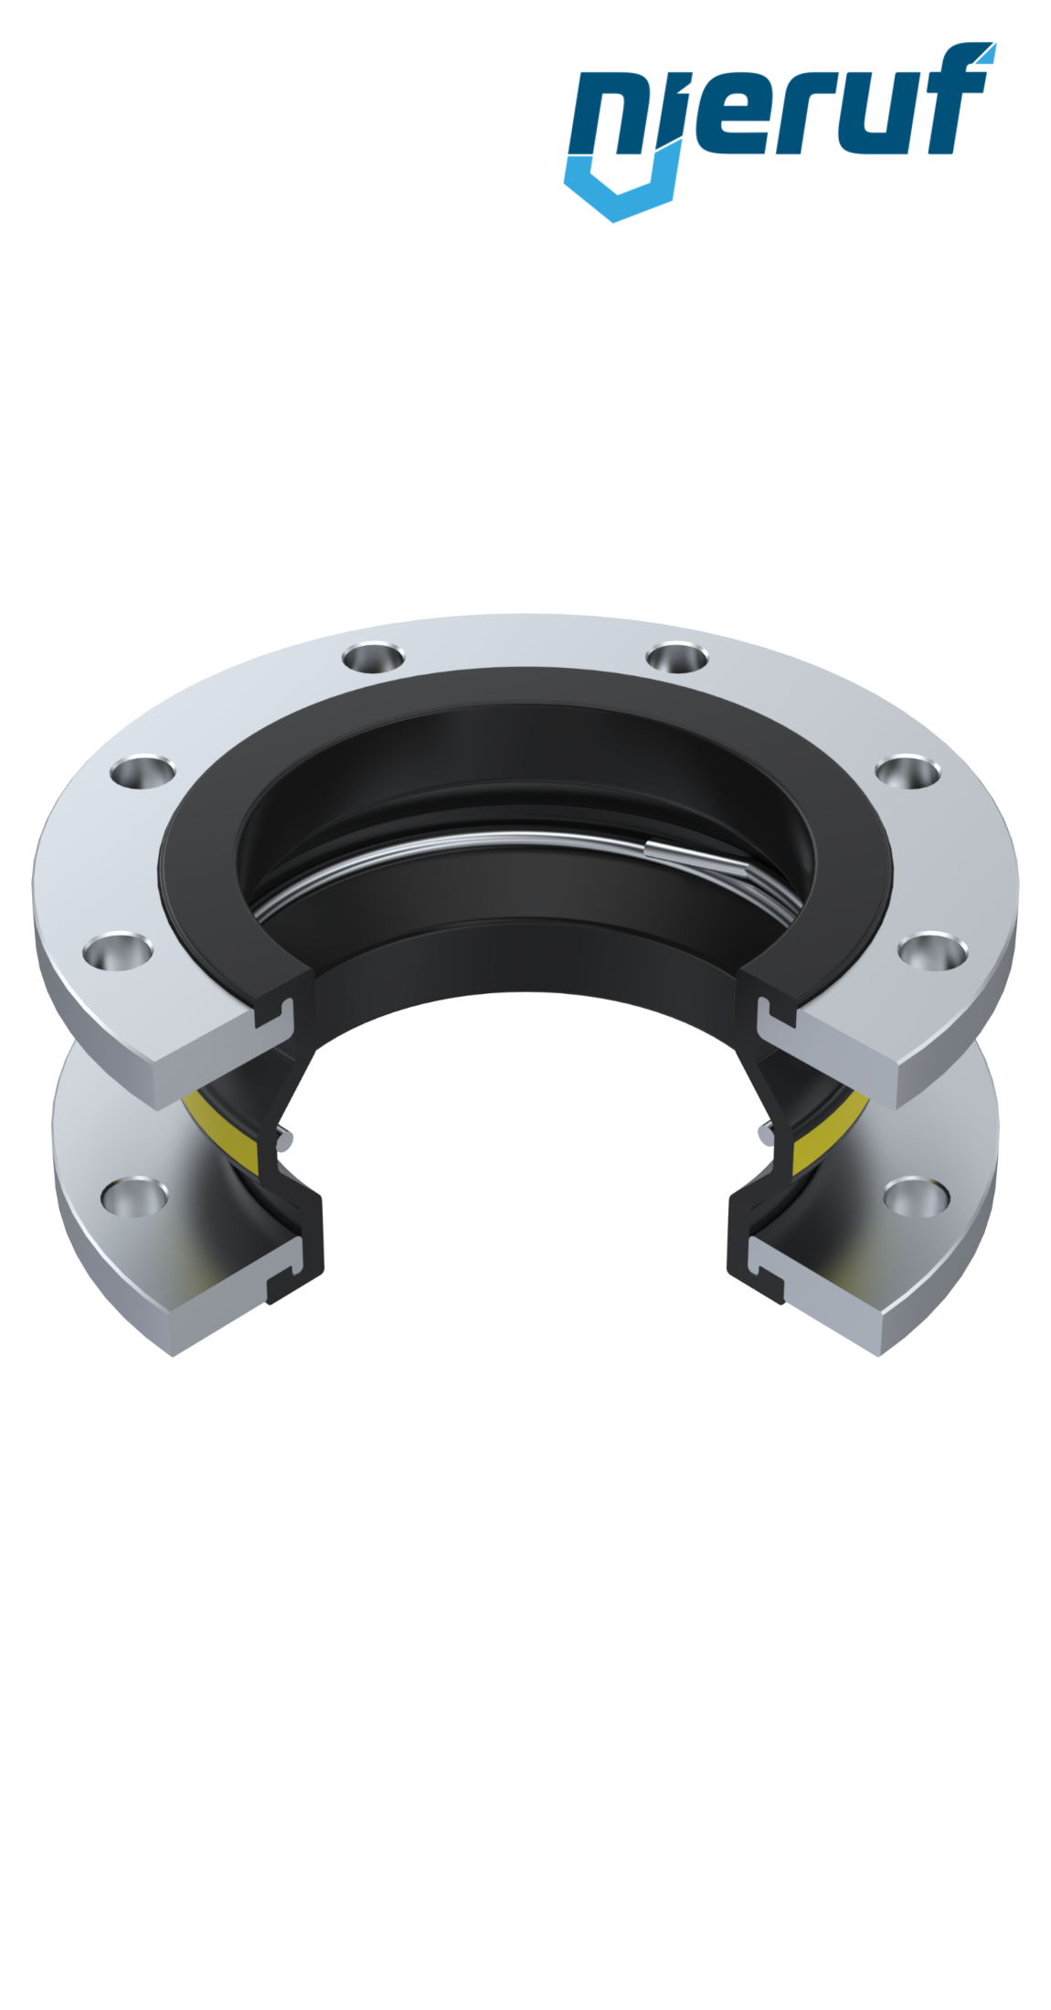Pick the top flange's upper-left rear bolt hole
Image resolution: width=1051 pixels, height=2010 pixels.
tap(374, 657)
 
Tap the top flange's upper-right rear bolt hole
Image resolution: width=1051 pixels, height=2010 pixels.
tap(676, 658)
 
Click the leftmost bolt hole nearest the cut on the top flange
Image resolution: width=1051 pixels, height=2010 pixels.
tap(117, 951)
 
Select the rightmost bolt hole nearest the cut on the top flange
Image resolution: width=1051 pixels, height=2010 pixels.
tap(932, 951)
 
